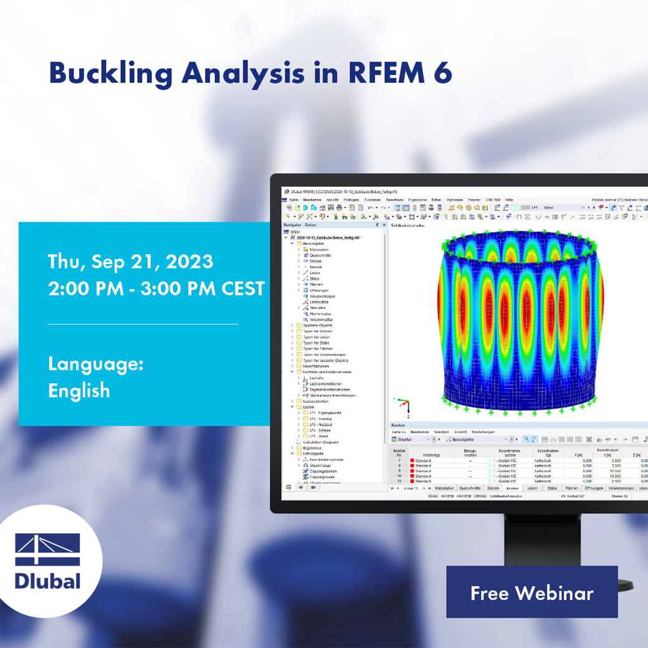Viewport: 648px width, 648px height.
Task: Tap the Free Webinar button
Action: coord(531,593)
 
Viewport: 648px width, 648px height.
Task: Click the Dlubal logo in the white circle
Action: coord(49,561)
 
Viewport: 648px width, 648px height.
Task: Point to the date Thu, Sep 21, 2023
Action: coord(131,262)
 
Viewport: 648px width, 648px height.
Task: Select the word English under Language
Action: coord(79,391)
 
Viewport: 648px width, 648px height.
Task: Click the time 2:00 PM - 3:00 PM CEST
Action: coord(156,289)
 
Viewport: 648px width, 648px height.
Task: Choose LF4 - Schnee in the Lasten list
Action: coord(320,431)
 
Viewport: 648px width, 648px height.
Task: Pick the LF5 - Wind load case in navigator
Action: coord(318,436)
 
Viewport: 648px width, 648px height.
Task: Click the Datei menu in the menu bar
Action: coord(293,200)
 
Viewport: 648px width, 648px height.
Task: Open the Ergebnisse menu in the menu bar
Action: coord(417,200)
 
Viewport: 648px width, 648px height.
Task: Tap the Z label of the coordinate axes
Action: coord(408,416)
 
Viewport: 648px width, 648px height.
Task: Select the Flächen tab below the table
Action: coord(571,488)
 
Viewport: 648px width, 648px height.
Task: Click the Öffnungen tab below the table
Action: coord(594,488)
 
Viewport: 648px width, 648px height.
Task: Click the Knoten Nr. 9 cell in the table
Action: coord(399,471)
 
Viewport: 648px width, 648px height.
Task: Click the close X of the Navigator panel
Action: coord(384,225)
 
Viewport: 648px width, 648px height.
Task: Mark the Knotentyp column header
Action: coord(432,455)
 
